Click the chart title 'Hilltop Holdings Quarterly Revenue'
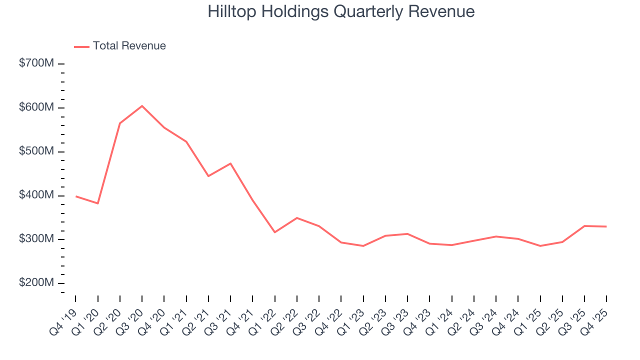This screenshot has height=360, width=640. pos(341,11)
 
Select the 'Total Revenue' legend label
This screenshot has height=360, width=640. pos(129,46)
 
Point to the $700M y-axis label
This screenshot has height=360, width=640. pos(36,64)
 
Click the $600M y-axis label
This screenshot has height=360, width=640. pos(36,107)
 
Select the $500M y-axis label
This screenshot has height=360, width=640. pos(36,151)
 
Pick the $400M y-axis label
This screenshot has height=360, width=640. pos(36,195)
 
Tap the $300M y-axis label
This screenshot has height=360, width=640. pos(36,239)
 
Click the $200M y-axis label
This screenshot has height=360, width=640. pos(36,283)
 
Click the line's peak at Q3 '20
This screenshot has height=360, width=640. pos(142,106)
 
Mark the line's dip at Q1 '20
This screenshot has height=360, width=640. pos(97,203)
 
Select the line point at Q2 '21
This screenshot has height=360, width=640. pos(208,176)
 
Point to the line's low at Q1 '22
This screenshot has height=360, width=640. pos(274,232)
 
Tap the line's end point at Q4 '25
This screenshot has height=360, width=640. pos(606,226)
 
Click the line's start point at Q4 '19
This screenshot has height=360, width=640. pos(75,196)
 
